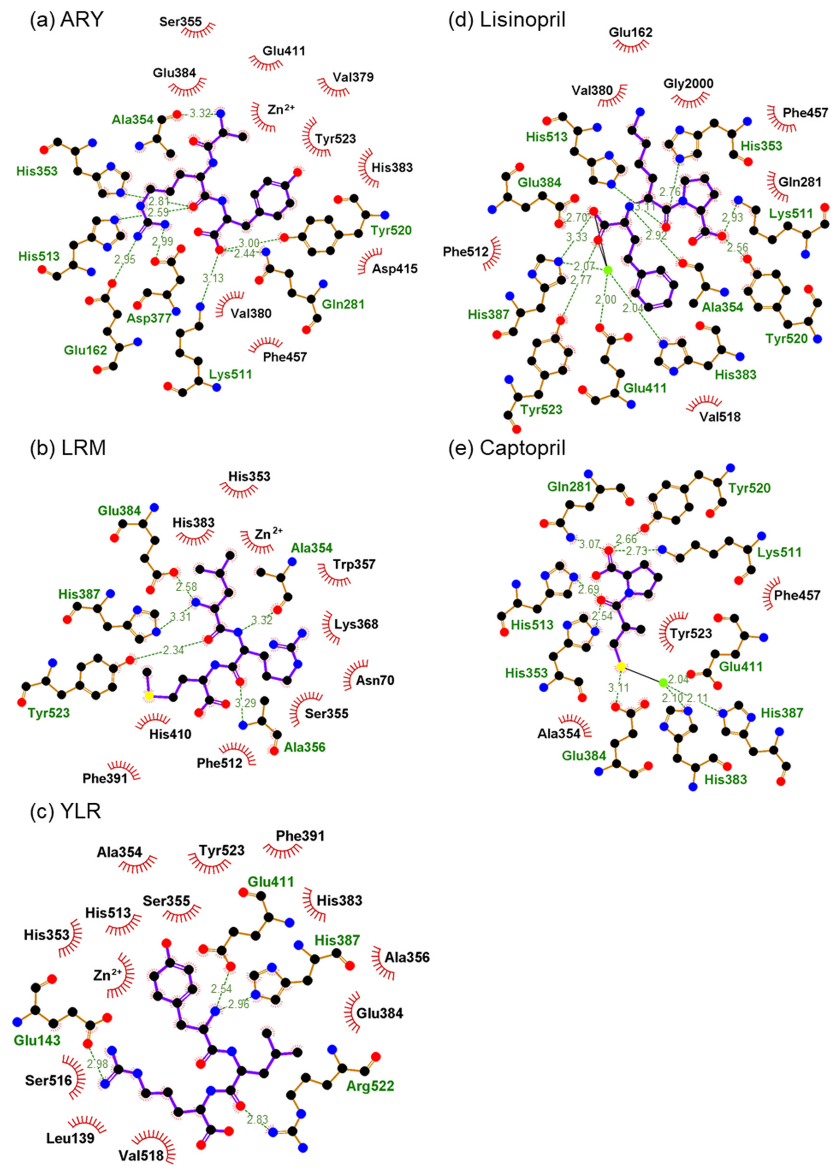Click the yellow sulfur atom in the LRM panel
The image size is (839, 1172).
[149, 696]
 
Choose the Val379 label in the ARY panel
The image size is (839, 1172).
[353, 77]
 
